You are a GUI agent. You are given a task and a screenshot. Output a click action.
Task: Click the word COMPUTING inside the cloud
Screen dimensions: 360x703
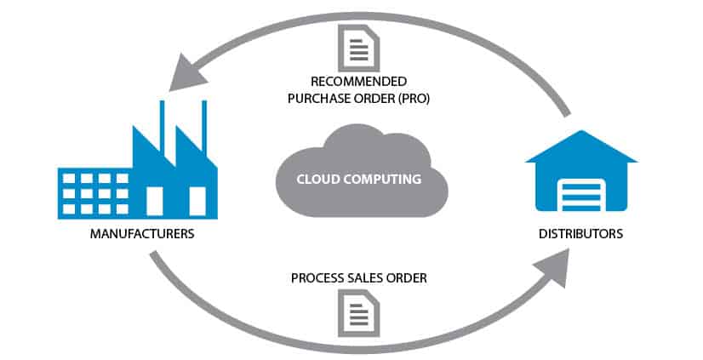tap(382, 180)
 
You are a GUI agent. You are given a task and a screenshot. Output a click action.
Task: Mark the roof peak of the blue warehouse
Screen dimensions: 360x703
tap(581, 134)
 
